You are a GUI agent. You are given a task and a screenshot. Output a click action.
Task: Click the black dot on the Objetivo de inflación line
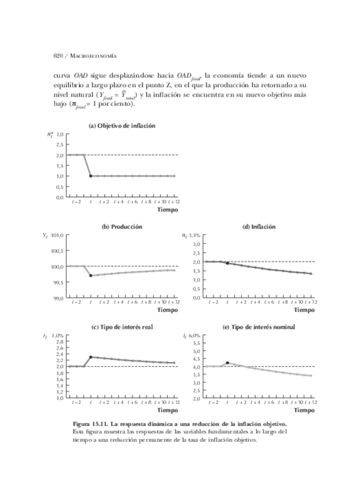point(91,176)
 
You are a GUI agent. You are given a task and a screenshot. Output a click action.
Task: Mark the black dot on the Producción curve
point(91,275)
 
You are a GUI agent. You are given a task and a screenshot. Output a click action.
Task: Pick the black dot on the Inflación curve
point(227,263)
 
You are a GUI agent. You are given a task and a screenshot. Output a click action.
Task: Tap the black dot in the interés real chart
point(91,357)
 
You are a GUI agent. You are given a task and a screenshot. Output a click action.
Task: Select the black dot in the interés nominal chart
point(227,363)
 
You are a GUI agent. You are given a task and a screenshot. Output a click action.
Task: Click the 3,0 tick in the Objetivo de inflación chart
point(60,135)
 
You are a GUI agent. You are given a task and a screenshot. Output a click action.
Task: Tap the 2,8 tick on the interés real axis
point(60,342)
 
